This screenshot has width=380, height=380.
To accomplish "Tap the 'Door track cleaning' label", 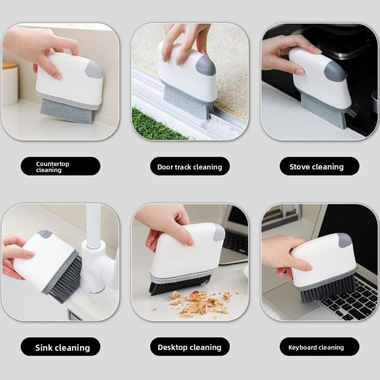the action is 190,166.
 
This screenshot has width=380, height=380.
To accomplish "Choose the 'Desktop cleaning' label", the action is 190,347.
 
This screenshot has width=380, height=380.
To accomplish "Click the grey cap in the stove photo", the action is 335,71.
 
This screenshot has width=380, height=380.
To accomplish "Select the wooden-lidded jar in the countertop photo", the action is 10,84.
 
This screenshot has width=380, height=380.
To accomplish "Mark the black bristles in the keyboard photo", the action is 328,290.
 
